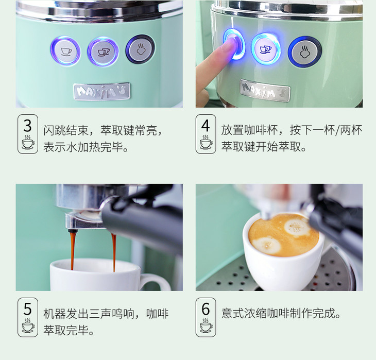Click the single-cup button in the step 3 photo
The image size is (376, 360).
[65, 51]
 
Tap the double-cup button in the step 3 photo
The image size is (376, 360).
[103, 52]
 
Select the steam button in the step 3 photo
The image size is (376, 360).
[140, 49]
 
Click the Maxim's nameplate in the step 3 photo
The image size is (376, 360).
[102, 91]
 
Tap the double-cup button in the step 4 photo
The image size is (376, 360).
[266, 49]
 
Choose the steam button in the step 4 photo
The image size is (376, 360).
[305, 52]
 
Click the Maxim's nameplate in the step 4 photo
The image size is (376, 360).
[265, 91]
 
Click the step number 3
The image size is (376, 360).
[28, 126]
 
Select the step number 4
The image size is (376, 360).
[206, 126]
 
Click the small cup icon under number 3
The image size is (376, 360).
[28, 142]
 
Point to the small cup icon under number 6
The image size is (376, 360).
[206, 325]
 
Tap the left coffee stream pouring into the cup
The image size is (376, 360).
[73, 249]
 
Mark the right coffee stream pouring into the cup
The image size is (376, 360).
[114, 252]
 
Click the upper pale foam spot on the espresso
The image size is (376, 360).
[297, 227]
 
